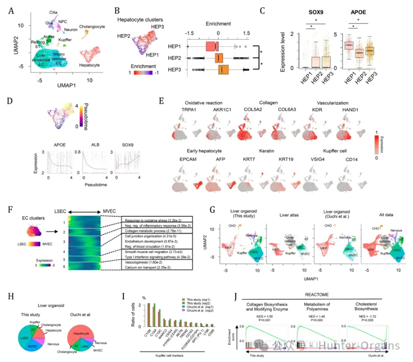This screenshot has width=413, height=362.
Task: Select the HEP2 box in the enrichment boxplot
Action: click(219, 57)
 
